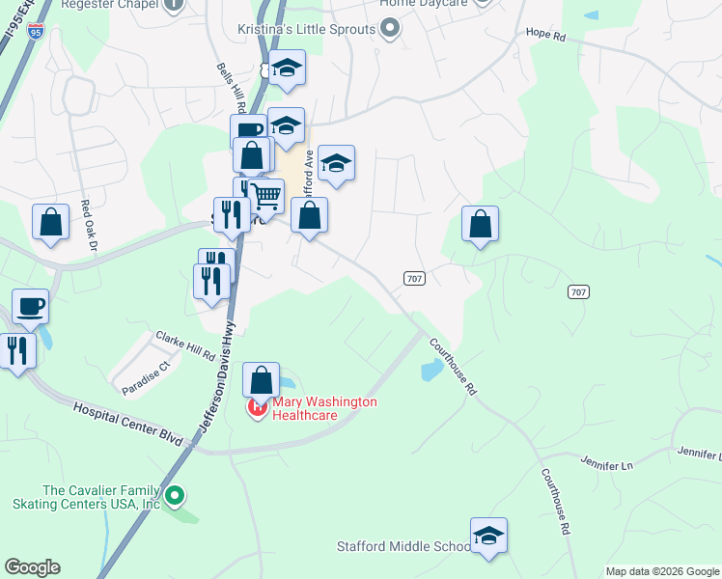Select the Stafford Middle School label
tap(403, 546)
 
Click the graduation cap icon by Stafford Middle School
tap(488, 536)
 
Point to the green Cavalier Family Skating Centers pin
tap(175, 496)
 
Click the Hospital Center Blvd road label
tap(128, 423)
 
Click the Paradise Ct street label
tap(145, 377)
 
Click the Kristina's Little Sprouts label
tap(306, 29)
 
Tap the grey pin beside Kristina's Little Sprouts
tap(390, 29)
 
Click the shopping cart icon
tap(267, 197)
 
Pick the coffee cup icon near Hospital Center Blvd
tap(30, 307)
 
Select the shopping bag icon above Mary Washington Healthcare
tap(261, 380)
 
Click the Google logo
tap(32, 567)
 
